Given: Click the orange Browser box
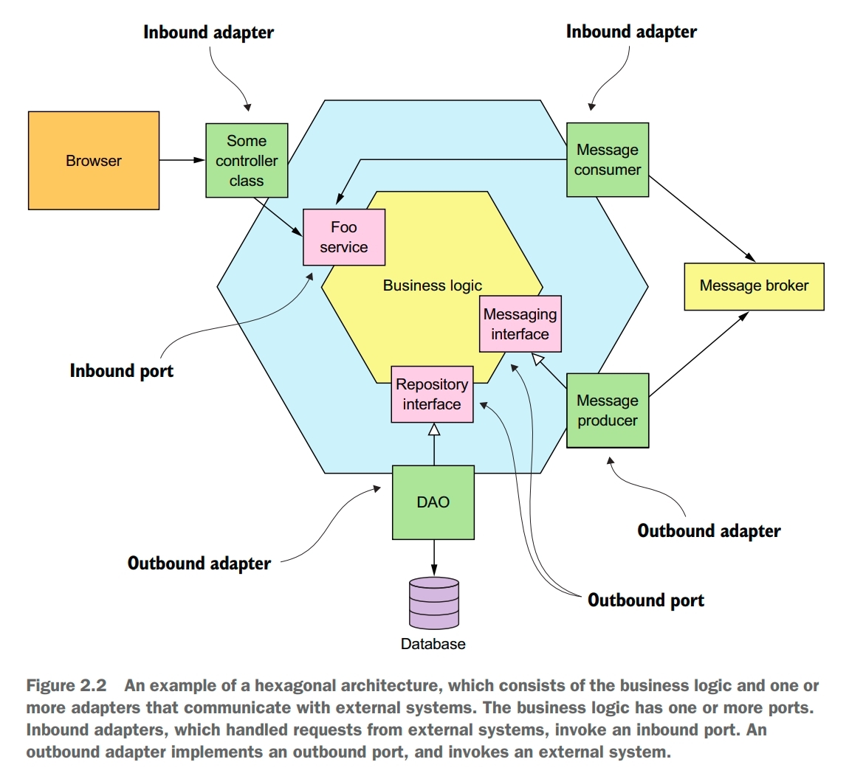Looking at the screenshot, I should pyautogui.click(x=94, y=161).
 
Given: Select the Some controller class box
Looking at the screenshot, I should pyautogui.click(x=247, y=161).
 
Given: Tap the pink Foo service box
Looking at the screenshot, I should pyautogui.click(x=344, y=238).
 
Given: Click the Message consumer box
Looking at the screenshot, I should pyautogui.click(x=608, y=160).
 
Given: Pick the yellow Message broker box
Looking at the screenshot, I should pyautogui.click(x=754, y=286).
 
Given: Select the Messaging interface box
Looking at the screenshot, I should pyautogui.click(x=520, y=324).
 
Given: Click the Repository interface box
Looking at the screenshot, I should pyautogui.click(x=432, y=395).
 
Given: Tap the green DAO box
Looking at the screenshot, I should pyautogui.click(x=433, y=502).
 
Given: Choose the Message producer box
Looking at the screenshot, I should pyautogui.click(x=608, y=411).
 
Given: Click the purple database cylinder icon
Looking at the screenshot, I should pyautogui.click(x=434, y=603).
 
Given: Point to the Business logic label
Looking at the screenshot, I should pyautogui.click(x=432, y=285).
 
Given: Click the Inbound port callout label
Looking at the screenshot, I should pyautogui.click(x=122, y=370).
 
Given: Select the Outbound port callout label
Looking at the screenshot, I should pyautogui.click(x=646, y=600).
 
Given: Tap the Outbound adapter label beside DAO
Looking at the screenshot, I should pyautogui.click(x=199, y=564).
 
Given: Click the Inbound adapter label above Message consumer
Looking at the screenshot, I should pyautogui.click(x=631, y=32).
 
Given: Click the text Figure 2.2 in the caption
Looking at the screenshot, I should pyautogui.click(x=66, y=686).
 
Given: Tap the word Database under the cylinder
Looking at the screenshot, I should pyautogui.click(x=433, y=644).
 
